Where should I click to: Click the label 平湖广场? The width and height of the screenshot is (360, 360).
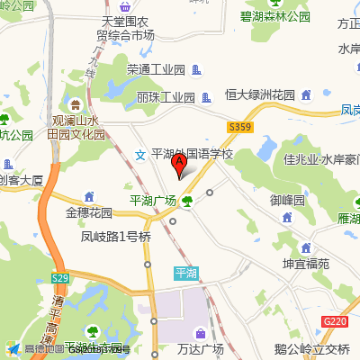(x=153, y=201)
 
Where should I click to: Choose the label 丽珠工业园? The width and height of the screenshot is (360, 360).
(x=166, y=96)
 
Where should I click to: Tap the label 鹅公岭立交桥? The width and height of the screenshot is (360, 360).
(x=312, y=349)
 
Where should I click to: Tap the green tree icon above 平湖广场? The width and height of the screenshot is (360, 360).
(x=186, y=201)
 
